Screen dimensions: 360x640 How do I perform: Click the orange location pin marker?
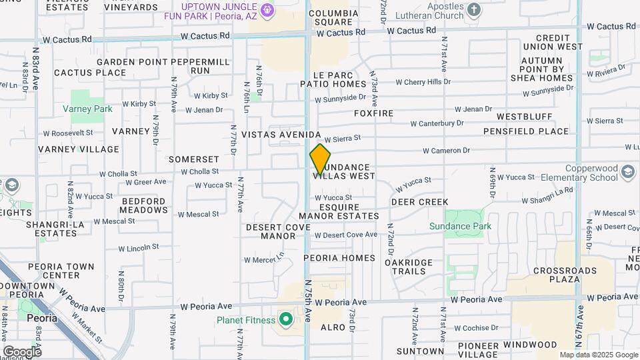[320, 159]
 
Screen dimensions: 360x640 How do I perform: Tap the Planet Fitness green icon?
[287, 320]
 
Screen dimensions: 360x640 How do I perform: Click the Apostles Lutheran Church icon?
[474, 9]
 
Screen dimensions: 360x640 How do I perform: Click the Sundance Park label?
[469, 227]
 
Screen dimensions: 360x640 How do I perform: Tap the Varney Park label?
[87, 109]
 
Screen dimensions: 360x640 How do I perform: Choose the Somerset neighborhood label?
[193, 160]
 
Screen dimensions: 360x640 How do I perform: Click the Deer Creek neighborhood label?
[419, 202]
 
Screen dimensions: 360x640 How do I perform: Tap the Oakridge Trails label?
[409, 267]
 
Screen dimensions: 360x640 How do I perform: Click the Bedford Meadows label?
[143, 205]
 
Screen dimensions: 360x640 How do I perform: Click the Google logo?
[21, 351]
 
